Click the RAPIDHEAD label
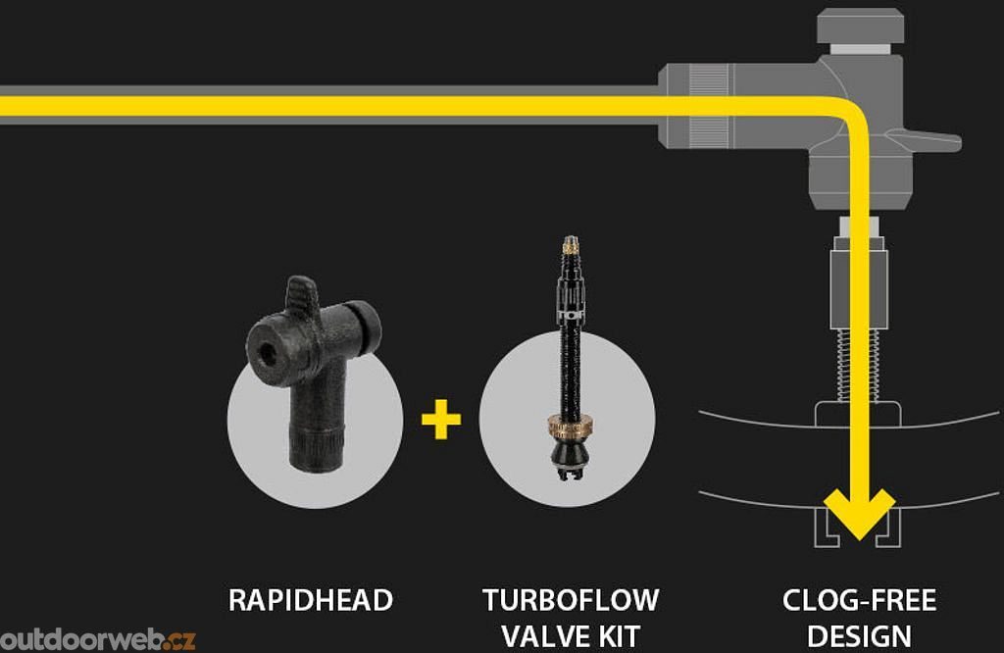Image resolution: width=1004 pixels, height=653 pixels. pyautogui.click(x=310, y=600)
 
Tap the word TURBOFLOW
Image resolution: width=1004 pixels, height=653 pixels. pyautogui.click(x=570, y=600)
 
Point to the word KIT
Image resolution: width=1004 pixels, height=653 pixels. pyautogui.click(x=618, y=634)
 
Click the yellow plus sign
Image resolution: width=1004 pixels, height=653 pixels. pyautogui.click(x=441, y=421)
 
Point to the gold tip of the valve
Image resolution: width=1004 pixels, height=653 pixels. pyautogui.click(x=570, y=244)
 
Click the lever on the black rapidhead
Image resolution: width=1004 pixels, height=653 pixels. pyautogui.click(x=302, y=294)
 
